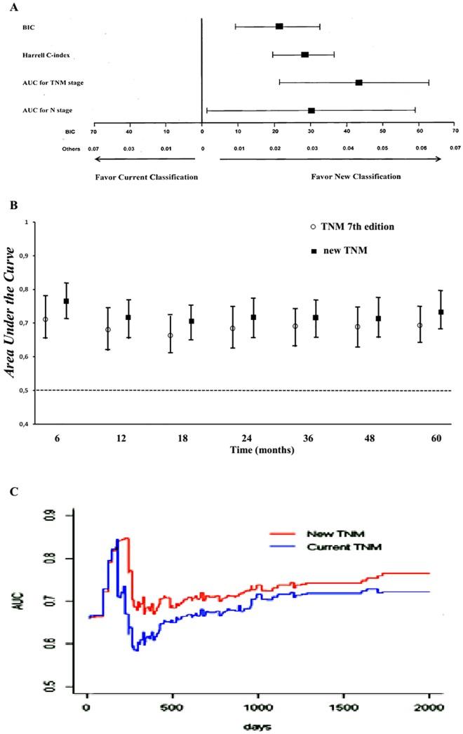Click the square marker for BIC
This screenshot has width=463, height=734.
[279, 27]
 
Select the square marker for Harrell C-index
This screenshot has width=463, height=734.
[304, 54]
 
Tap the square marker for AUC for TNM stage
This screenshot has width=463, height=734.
[358, 83]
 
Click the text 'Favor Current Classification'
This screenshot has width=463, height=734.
[146, 177]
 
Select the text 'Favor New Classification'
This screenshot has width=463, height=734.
[356, 177]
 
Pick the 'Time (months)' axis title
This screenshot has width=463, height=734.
[237, 449]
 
